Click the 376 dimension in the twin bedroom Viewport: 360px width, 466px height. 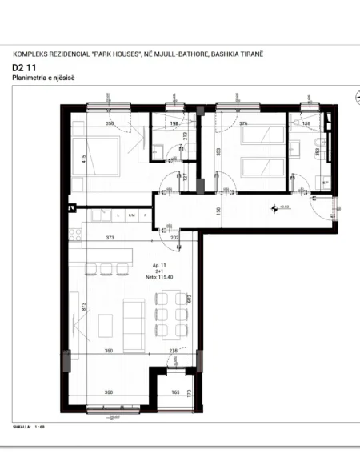click(x=244, y=124)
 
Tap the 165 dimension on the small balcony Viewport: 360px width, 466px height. click(x=174, y=392)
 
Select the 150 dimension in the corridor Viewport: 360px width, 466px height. click(x=217, y=211)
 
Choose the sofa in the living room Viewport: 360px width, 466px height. click(x=134, y=323)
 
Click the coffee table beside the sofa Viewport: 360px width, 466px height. click(x=105, y=325)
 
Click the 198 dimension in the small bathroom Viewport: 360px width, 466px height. click(x=174, y=124)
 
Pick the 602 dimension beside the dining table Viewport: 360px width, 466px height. click(x=188, y=299)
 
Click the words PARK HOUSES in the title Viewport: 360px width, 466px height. click(x=107, y=53)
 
